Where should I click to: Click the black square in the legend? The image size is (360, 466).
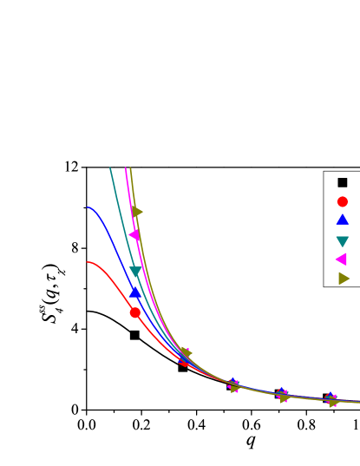[x=343, y=182]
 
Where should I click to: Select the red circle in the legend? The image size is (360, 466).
[x=343, y=201]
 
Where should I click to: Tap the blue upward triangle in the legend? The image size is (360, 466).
[x=343, y=220]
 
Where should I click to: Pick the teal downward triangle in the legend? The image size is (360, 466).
[x=343, y=241]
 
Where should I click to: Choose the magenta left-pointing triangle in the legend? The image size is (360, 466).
[x=341, y=259]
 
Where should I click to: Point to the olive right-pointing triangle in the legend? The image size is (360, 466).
[x=344, y=279]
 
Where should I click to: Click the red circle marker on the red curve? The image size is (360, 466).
[x=134, y=312]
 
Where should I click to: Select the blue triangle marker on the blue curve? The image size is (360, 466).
[x=135, y=292]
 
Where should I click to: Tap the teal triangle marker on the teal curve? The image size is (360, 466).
[x=135, y=272]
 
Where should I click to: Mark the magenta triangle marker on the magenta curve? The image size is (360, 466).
[x=134, y=234]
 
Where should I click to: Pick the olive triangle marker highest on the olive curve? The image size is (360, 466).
[x=137, y=212]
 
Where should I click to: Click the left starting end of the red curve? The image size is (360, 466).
[x=88, y=262]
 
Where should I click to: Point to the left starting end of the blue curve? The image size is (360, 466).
[x=88, y=207]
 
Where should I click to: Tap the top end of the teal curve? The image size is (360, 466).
[x=110, y=168]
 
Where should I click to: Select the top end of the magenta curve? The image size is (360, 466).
[x=126, y=168]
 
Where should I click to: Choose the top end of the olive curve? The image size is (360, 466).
[x=130, y=168]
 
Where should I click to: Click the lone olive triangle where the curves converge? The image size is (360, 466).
[x=186, y=353]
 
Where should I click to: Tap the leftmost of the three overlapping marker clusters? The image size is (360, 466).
[x=234, y=386]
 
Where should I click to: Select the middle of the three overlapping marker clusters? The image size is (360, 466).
[x=283, y=396]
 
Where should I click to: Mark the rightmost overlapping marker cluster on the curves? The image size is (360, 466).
[x=331, y=400]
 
